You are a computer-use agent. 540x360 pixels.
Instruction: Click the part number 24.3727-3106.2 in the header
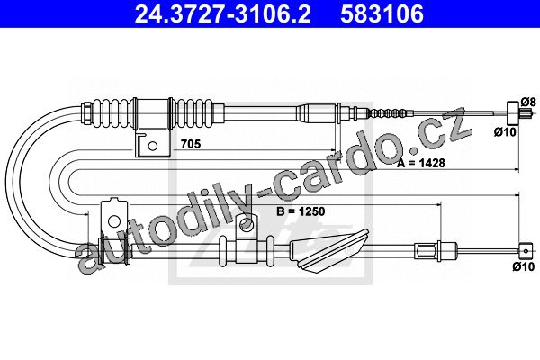[x=222, y=14]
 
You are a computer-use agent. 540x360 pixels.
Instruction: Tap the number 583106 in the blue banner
[x=382, y=14]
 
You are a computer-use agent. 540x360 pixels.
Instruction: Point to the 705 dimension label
[x=191, y=144]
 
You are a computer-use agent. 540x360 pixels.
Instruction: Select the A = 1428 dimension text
[x=421, y=163]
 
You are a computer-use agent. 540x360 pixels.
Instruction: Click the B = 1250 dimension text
[x=301, y=211]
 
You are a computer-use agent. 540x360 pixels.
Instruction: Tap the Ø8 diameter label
[x=528, y=103]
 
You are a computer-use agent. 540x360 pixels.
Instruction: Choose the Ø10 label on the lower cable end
[x=524, y=266]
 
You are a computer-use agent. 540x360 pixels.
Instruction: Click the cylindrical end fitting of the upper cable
[x=512, y=113]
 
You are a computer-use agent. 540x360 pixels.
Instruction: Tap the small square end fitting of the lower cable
[x=526, y=251]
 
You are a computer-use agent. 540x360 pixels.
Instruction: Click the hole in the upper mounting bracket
[x=153, y=146]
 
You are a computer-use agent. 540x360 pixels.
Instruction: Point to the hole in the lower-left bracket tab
[x=113, y=220]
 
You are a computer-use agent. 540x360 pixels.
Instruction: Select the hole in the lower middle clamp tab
[x=247, y=225]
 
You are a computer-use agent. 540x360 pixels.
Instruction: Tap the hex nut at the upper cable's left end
[x=85, y=112]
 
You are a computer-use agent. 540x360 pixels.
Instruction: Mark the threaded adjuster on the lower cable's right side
[x=427, y=251]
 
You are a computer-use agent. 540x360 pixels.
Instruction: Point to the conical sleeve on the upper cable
[x=316, y=112]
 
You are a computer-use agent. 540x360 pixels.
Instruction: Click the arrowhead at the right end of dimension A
[x=517, y=169]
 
